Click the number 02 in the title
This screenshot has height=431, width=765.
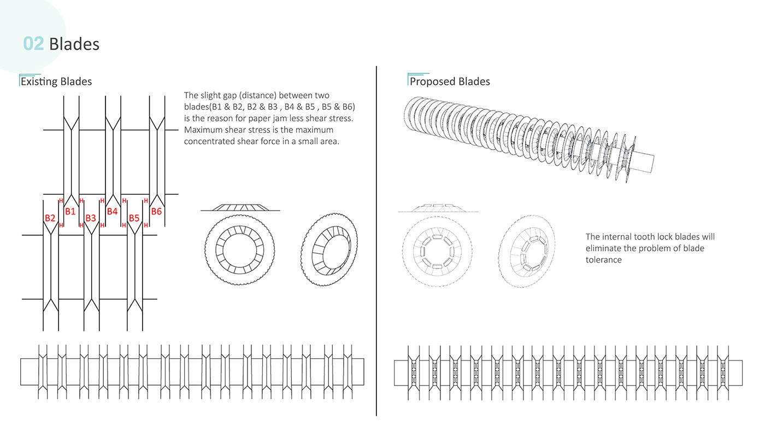(33, 43)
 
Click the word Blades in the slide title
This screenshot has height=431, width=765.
(74, 43)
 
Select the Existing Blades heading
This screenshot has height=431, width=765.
(56, 81)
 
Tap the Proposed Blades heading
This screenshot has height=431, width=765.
(449, 81)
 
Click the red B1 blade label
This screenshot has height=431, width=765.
(70, 211)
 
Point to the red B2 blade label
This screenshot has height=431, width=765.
(50, 218)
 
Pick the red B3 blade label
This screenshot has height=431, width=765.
(91, 218)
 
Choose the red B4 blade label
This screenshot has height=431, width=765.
(112, 211)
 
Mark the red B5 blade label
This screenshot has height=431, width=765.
(134, 218)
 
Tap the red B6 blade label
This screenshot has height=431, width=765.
(156, 211)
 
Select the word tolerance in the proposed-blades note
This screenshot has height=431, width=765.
(604, 260)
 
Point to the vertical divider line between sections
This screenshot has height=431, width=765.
(376, 241)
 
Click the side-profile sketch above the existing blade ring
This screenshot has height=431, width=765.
(240, 207)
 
